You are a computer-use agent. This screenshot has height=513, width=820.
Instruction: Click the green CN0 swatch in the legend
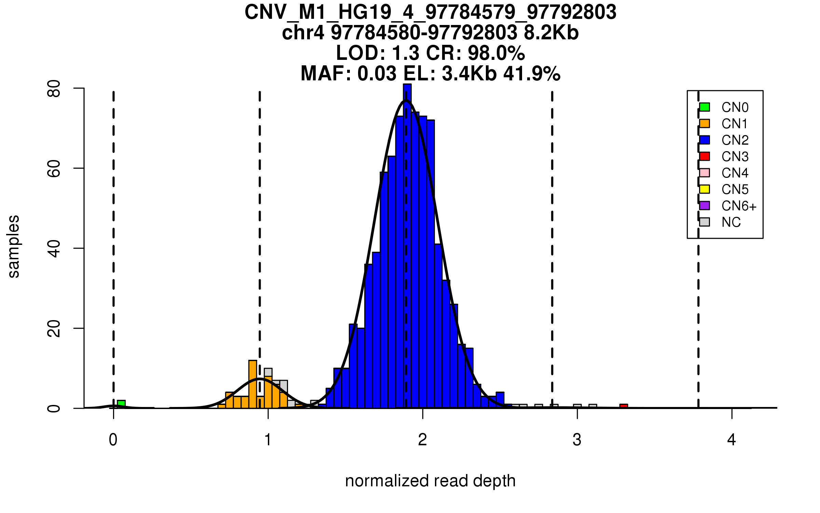click(705, 107)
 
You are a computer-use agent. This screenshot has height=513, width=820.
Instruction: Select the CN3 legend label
click(735, 157)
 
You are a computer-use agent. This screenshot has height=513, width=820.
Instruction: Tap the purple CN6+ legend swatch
click(705, 206)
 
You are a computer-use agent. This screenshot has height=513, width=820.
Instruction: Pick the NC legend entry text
click(731, 222)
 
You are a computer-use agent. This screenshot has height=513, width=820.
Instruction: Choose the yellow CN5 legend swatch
click(705, 189)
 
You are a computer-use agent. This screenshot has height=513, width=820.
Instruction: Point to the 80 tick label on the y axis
click(54, 89)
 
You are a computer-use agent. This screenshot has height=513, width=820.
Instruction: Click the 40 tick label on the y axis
click(54, 248)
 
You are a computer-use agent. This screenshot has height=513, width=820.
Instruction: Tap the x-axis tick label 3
click(577, 440)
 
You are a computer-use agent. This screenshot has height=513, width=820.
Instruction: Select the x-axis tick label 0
click(113, 440)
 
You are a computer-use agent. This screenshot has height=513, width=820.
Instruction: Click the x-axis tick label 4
click(732, 440)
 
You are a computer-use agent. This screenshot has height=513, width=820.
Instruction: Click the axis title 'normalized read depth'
click(430, 481)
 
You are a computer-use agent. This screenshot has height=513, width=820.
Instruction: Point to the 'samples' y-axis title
click(14, 246)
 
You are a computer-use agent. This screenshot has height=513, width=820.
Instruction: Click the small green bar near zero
click(121, 404)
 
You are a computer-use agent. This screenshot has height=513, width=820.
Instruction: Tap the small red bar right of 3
click(624, 406)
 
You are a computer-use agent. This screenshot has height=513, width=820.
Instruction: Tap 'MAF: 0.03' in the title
click(348, 74)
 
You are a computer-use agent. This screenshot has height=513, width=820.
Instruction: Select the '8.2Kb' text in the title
click(551, 33)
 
